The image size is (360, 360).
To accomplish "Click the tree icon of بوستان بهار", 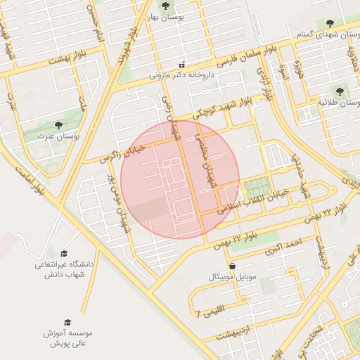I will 165,6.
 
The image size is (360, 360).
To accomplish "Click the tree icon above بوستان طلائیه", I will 340,91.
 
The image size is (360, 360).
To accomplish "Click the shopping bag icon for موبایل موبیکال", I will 233,266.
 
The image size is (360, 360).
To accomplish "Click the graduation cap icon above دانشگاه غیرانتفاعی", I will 64,252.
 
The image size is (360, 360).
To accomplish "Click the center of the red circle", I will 180,180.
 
